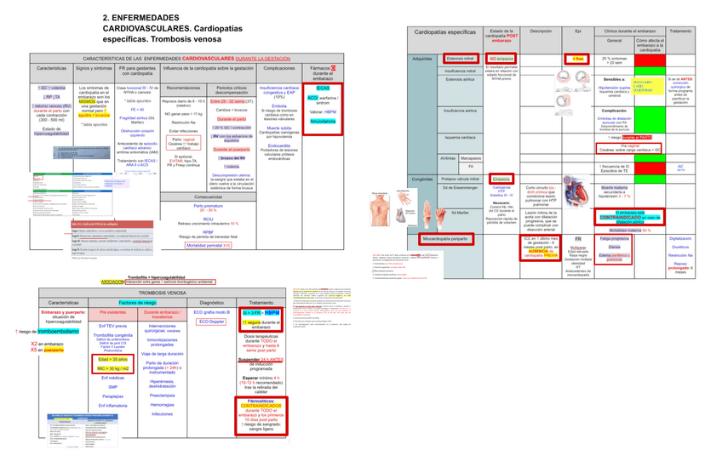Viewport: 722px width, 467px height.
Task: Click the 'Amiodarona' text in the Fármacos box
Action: coord(323,122)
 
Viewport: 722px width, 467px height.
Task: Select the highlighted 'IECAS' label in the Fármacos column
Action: coord(323,88)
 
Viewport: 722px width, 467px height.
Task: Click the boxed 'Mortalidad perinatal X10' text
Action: coord(209,245)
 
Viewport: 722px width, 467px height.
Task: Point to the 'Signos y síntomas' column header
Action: coord(95,68)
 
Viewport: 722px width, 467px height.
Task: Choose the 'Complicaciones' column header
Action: coord(279,68)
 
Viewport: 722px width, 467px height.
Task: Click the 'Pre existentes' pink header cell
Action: coord(113,313)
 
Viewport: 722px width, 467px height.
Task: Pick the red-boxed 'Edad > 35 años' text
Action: coord(113,359)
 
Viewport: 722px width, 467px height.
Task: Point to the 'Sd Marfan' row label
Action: coord(461,212)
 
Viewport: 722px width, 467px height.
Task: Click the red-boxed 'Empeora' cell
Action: coord(501,179)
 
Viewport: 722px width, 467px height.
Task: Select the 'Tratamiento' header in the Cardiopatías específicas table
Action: coord(680,31)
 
